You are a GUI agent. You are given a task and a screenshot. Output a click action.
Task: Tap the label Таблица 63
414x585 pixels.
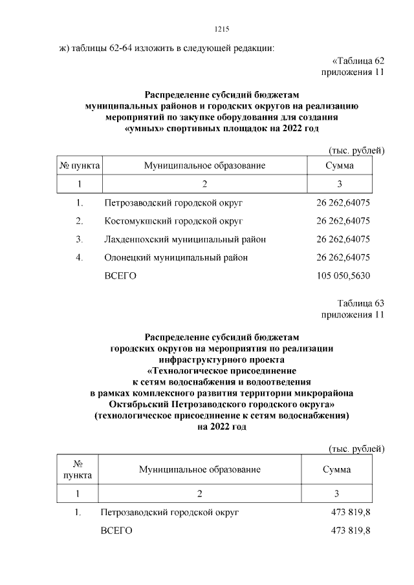360,303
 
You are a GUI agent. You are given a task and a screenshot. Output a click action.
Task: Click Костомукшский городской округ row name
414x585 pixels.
173,221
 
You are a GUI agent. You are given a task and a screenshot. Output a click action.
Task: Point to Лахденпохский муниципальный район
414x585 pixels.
185,239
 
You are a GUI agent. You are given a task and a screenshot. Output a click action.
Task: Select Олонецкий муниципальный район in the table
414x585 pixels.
176,257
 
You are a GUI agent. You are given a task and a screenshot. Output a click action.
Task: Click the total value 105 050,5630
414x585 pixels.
343,276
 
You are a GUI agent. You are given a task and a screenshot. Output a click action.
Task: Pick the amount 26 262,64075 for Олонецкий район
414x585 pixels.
343,257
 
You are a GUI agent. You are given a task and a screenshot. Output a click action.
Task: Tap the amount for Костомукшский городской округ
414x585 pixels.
343,221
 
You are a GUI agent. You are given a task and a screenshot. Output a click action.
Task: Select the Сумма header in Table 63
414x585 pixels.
336,469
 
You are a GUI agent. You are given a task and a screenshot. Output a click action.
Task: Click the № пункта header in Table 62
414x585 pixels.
80,166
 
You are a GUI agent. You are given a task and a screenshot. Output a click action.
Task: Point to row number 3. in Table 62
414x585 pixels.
80,239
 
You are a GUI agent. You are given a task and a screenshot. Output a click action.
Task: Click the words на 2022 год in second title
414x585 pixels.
221,427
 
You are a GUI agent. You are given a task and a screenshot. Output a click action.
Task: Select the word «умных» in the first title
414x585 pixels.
146,129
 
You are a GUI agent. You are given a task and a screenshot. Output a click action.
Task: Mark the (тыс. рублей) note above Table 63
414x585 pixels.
356,448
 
